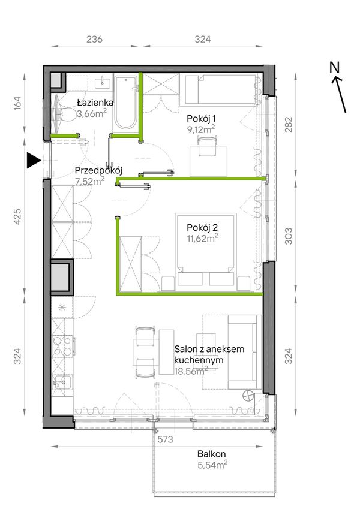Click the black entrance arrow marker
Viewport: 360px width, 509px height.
point(33,160)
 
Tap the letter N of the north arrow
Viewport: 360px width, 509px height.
point(334,67)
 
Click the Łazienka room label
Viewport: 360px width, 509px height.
point(95,103)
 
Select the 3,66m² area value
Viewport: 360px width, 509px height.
point(92,114)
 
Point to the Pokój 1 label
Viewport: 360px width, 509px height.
point(201,118)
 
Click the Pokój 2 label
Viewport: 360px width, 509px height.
point(202,228)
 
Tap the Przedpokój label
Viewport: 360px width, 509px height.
point(98,171)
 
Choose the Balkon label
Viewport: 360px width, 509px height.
point(212,454)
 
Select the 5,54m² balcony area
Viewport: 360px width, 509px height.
point(212,465)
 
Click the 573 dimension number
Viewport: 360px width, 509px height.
point(166,440)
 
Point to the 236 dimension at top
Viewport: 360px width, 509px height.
point(94,40)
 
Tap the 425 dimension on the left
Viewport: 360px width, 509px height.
point(17,216)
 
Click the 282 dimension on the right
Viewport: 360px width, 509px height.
point(289,125)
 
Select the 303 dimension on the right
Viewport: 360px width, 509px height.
point(289,236)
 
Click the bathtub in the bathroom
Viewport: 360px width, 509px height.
point(126,103)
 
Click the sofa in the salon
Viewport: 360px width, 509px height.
point(245,352)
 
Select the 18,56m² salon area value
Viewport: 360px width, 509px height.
point(191,371)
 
